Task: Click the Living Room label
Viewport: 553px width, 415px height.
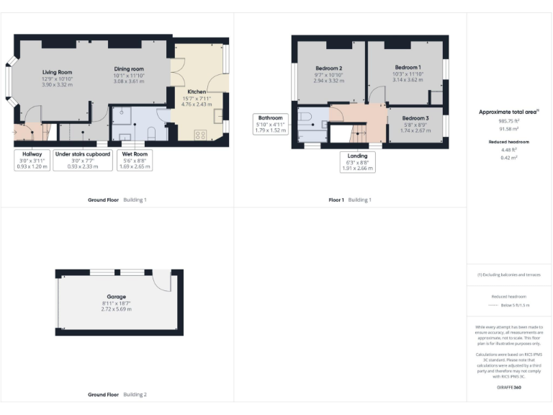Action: [57, 72]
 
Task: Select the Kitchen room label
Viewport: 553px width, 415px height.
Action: [197, 92]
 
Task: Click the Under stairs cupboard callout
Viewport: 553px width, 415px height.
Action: [82, 160]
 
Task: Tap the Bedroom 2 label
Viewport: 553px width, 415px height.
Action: [328, 68]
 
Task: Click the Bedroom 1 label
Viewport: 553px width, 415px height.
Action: [408, 67]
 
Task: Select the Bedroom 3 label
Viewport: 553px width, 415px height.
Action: [415, 118]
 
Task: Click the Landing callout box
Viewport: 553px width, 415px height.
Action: [357, 161]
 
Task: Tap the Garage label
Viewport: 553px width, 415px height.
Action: [117, 297]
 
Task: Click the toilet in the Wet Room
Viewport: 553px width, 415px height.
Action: [151, 132]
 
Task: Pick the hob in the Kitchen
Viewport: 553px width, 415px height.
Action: [199, 133]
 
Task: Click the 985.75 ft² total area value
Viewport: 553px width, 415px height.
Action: [509, 122]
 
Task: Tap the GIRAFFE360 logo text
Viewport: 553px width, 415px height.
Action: [509, 388]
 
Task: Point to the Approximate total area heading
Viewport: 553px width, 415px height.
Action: [509, 112]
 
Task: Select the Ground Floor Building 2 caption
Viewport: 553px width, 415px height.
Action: [117, 395]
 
